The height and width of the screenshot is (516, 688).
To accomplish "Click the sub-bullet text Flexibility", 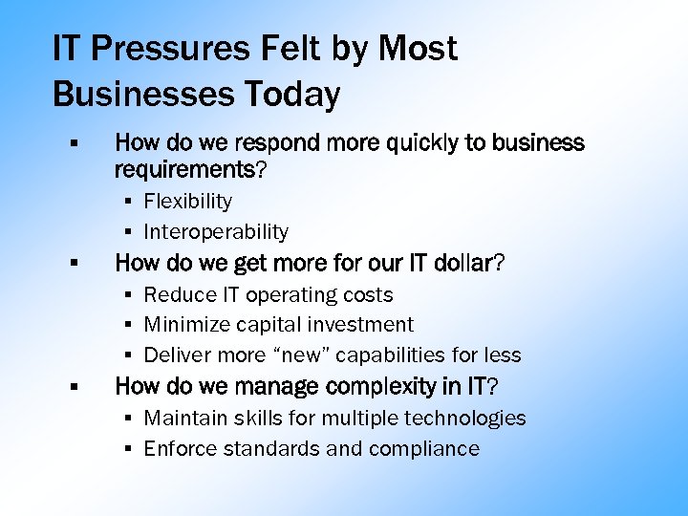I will [188, 201].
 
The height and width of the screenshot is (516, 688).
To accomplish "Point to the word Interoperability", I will [216, 231].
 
